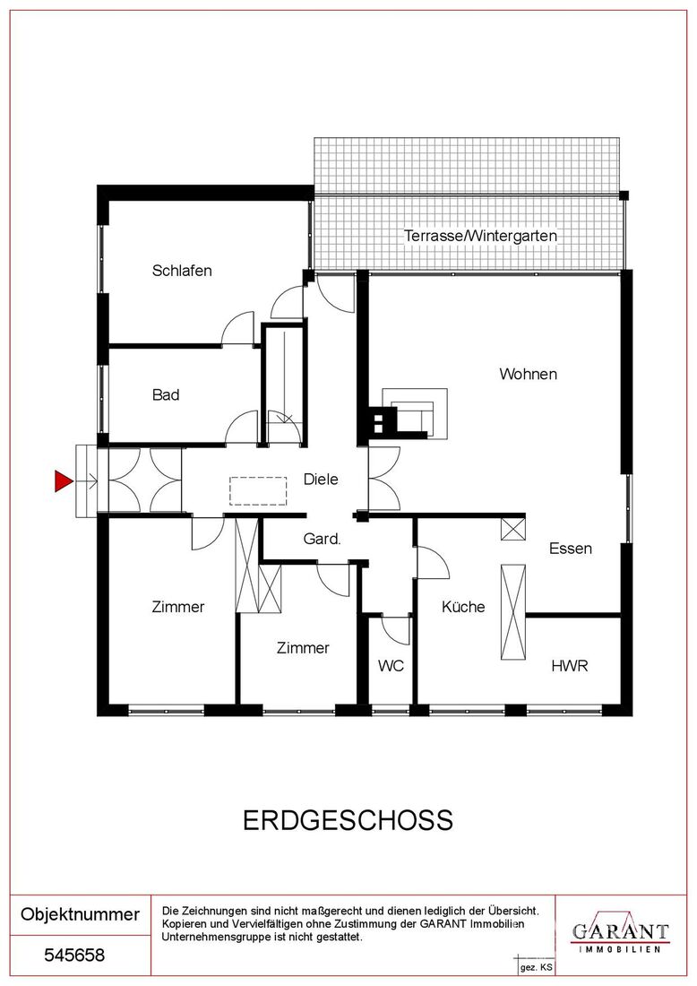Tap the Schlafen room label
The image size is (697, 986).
click(x=182, y=271)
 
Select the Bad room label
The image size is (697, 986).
click(x=166, y=395)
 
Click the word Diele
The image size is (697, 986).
click(x=321, y=480)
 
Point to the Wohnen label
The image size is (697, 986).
click(x=528, y=374)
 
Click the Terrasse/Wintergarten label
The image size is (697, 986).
click(x=480, y=236)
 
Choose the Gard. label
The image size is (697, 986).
click(x=322, y=539)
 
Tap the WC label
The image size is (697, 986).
click(x=391, y=665)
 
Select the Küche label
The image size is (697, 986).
click(x=463, y=607)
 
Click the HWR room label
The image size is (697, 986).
click(x=570, y=665)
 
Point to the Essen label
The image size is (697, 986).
click(x=571, y=549)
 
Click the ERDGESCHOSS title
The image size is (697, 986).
click(x=348, y=820)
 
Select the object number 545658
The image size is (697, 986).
click(x=74, y=956)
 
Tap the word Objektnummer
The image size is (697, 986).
click(x=80, y=913)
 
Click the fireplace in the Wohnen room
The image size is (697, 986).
click(x=408, y=413)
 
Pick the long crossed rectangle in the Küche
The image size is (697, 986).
click(x=512, y=612)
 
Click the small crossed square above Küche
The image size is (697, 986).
click(x=512, y=529)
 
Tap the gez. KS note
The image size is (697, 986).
click(x=536, y=967)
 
